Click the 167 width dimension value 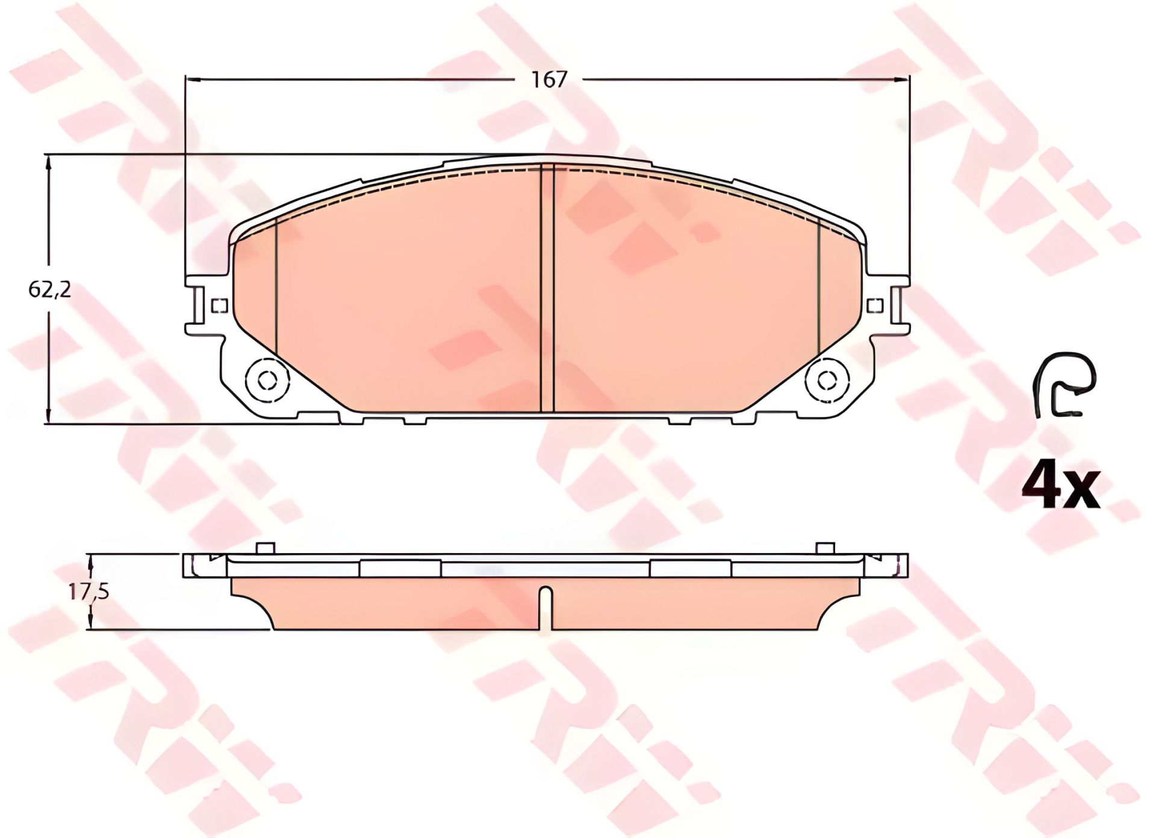coord(549,80)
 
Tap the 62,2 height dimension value coord(49,290)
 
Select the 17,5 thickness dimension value coord(88,592)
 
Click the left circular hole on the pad coord(267,380)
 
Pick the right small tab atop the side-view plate coord(825,548)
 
